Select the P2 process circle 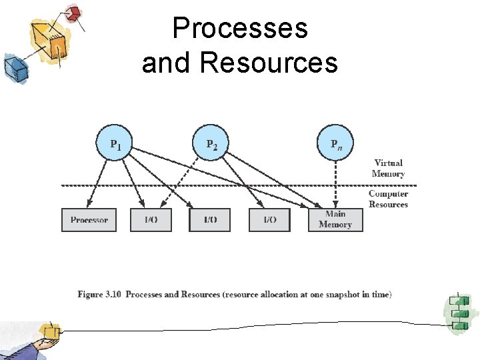(212, 142)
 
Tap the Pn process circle (336, 142)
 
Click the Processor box (89, 220)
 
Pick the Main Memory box (335, 220)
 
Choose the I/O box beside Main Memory (269, 220)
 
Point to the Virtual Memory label (388, 168)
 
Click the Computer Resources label (388, 199)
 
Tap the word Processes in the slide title (240, 29)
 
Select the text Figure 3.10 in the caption (100, 294)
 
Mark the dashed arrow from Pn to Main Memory (336, 183)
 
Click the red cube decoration (73, 13)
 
